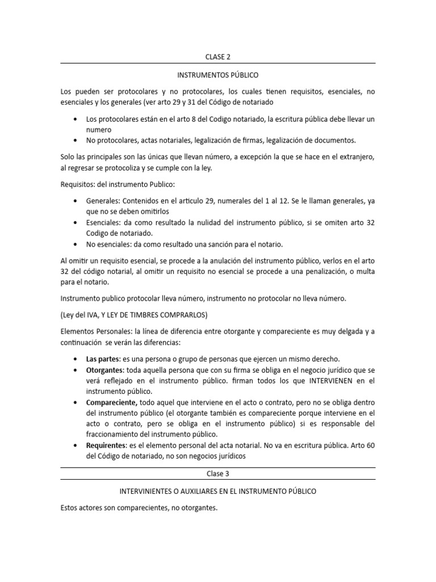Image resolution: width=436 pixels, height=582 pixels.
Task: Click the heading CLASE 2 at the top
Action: [217, 57]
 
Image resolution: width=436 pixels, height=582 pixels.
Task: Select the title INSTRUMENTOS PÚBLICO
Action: [217, 74]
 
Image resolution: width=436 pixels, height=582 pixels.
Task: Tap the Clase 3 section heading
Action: [217, 473]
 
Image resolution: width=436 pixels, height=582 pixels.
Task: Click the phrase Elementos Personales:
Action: [95, 330]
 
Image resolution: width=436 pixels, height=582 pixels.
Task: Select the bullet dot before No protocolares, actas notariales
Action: [76, 140]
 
